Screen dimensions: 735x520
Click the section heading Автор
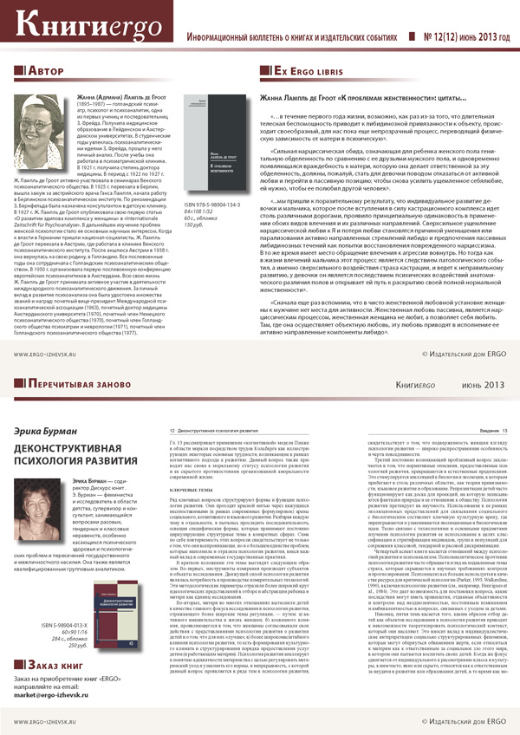click(x=48, y=69)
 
